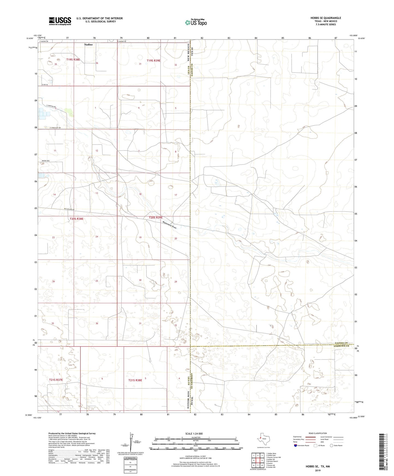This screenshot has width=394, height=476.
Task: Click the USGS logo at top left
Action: click(x=60, y=21)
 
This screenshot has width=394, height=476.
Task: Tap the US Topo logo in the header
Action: click(x=196, y=22)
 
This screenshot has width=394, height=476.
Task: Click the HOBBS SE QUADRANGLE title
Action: click(x=326, y=18)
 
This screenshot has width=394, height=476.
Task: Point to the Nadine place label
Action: click(x=88, y=44)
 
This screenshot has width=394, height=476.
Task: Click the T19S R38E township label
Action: click(x=73, y=59)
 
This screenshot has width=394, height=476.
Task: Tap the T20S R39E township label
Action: click(x=156, y=218)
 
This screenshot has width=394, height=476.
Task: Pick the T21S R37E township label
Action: click(x=56, y=380)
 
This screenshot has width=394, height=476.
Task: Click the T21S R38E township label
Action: click(x=135, y=380)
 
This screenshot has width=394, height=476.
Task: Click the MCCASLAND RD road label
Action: click(x=69, y=209)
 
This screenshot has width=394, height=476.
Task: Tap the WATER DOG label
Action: click(x=46, y=161)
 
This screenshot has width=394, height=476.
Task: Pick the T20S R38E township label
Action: click(x=76, y=219)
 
